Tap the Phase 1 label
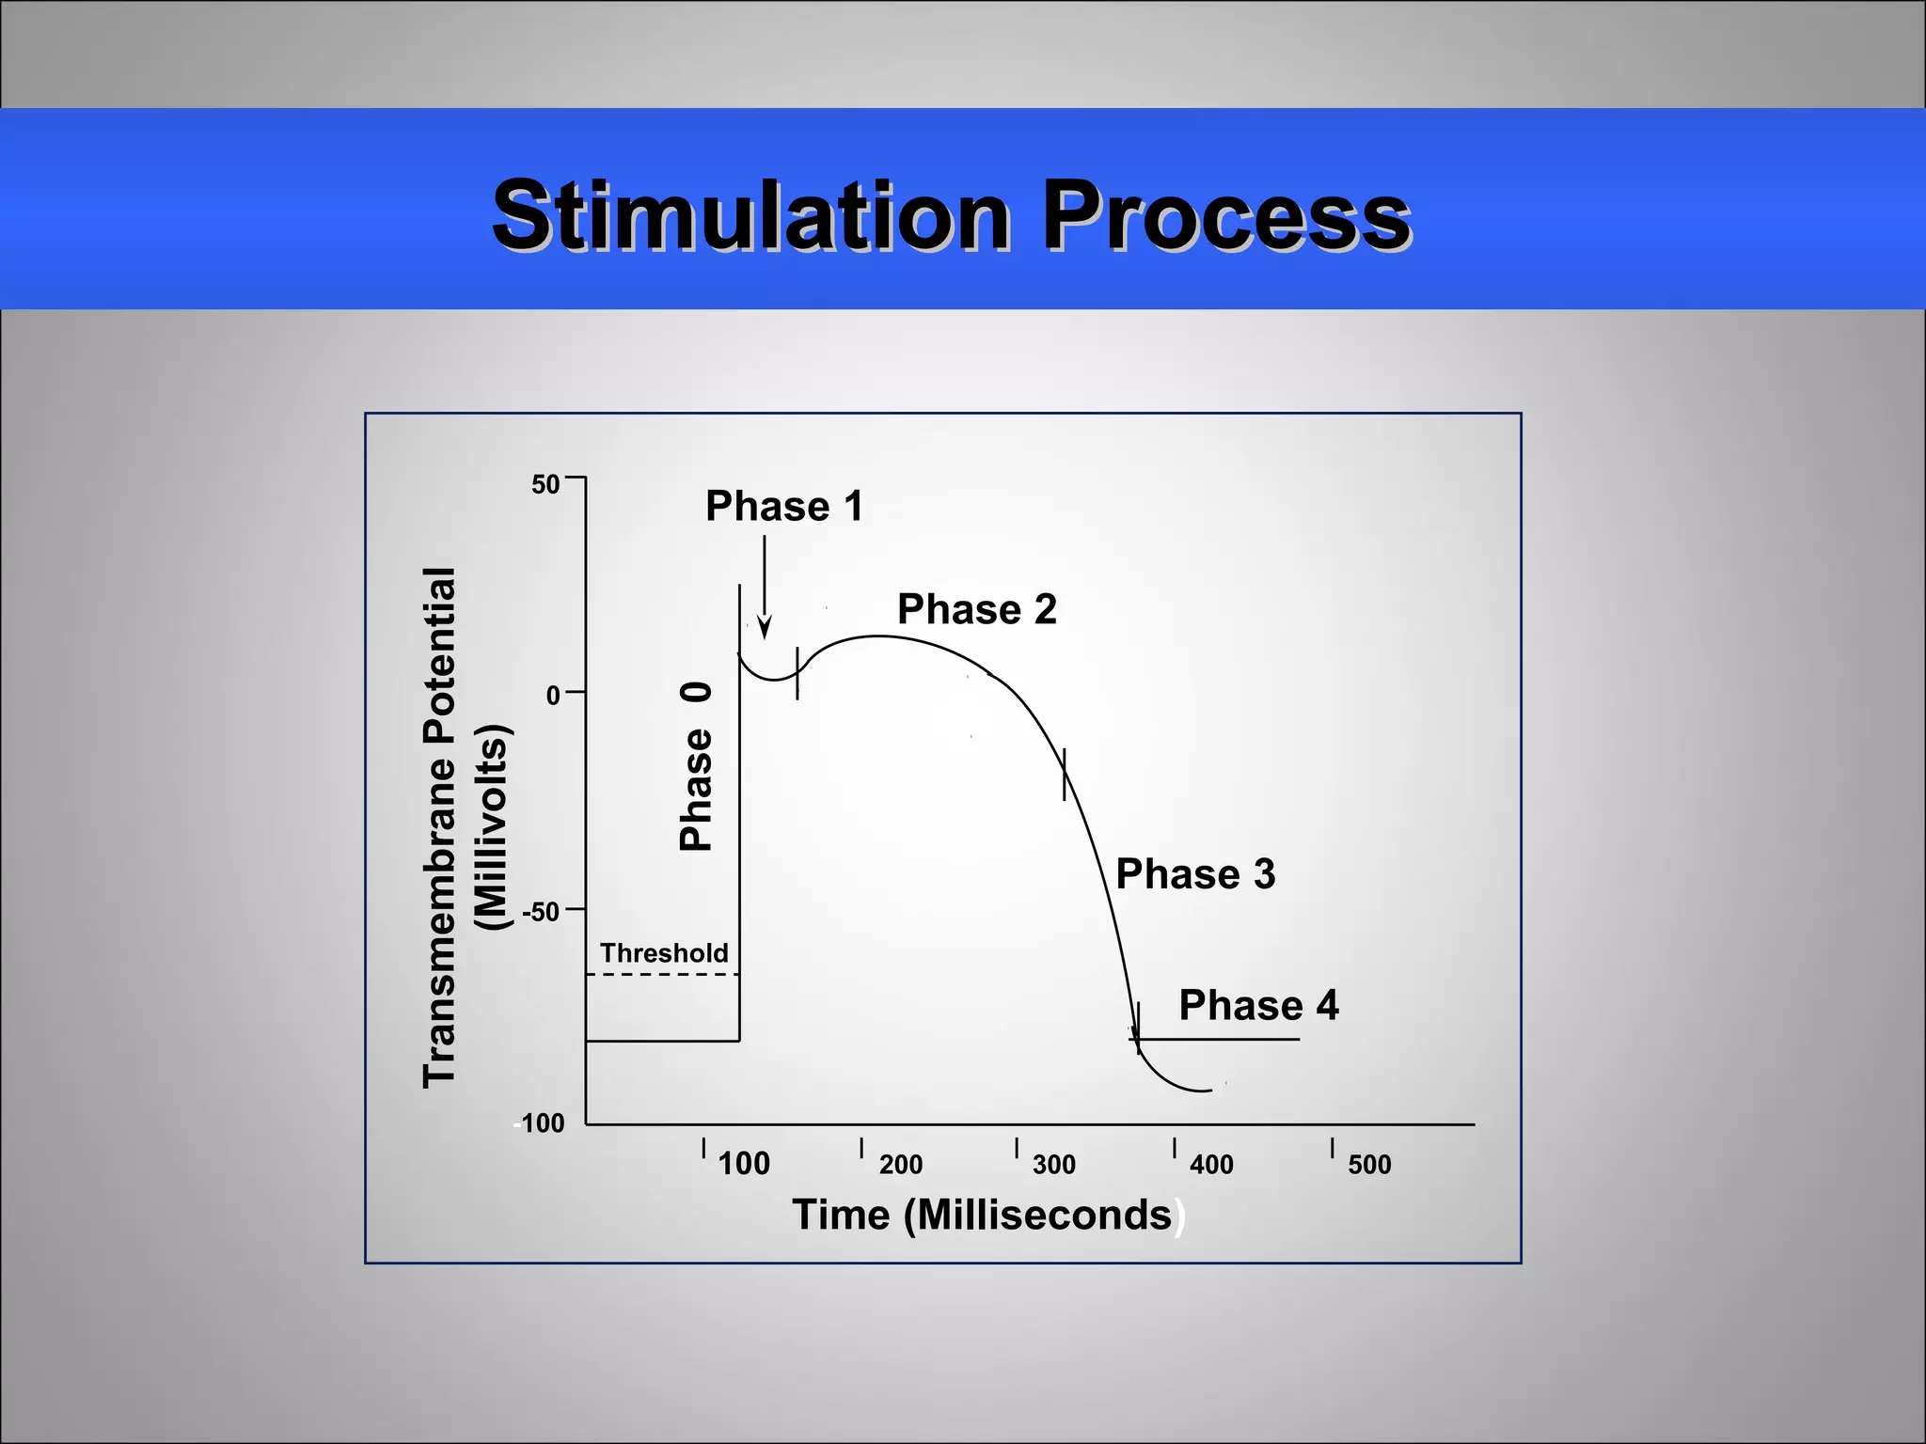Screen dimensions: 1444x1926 click(783, 507)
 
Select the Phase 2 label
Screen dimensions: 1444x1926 click(976, 609)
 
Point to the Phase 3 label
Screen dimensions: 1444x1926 click(1194, 874)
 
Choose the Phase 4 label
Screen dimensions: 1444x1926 click(1258, 1006)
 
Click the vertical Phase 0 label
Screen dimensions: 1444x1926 click(696, 767)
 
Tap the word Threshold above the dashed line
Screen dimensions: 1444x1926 click(664, 953)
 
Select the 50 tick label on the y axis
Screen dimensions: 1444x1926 click(545, 485)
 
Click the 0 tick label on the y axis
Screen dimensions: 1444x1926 click(553, 696)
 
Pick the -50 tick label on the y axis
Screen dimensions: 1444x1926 click(541, 912)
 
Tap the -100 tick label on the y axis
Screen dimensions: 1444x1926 click(540, 1123)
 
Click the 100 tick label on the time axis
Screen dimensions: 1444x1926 click(744, 1164)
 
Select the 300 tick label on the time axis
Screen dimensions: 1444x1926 click(1053, 1165)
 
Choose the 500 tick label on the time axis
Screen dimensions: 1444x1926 click(1368, 1165)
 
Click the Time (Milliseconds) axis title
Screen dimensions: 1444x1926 click(983, 1215)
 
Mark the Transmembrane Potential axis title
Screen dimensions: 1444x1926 click(440, 827)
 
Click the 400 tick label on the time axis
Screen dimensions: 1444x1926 click(1211, 1165)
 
